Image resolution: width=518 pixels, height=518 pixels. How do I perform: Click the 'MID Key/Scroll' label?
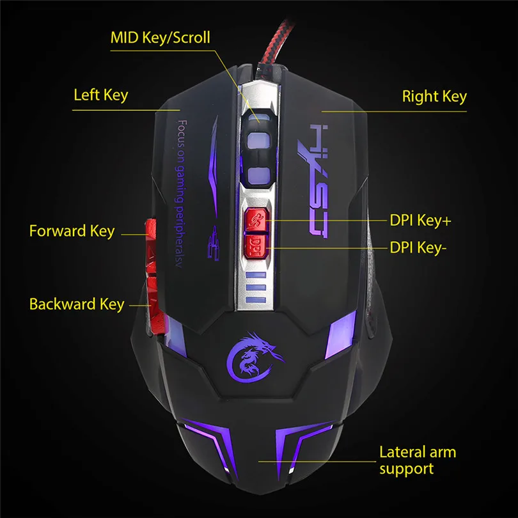pyautogui.click(x=160, y=37)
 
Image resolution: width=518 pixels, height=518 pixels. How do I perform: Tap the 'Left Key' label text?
pyautogui.click(x=100, y=95)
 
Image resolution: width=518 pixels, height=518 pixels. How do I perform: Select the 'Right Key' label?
pyautogui.click(x=434, y=97)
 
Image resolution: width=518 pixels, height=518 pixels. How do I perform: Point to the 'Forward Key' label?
pyautogui.click(x=72, y=231)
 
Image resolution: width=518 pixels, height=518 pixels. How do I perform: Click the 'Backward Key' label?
pyautogui.click(x=77, y=304)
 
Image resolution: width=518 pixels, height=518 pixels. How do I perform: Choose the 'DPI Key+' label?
pyautogui.click(x=420, y=221)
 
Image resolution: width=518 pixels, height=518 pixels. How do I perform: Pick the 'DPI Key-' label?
pyautogui.click(x=416, y=248)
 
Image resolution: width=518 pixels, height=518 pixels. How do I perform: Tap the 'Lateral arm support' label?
pyautogui.click(x=417, y=460)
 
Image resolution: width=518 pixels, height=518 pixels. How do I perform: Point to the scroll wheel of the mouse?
pyautogui.click(x=258, y=147)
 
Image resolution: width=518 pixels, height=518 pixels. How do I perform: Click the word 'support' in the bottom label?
pyautogui.click(x=406, y=469)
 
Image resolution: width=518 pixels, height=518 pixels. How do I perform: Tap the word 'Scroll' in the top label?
pyautogui.click(x=189, y=37)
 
